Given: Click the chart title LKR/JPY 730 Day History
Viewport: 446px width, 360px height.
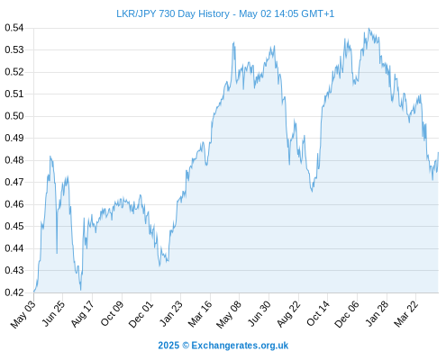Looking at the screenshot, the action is (173, 13).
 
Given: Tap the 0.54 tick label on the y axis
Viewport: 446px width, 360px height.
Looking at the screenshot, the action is (14, 28).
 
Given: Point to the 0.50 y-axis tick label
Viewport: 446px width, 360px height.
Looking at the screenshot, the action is (14, 116).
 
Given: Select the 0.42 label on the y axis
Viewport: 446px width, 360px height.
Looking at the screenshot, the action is (14, 292).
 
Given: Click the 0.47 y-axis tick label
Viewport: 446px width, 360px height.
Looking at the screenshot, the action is (14, 182).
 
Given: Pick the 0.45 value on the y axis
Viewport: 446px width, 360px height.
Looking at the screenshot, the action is (14, 226).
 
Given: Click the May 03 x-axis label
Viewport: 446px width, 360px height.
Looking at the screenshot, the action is (23, 314).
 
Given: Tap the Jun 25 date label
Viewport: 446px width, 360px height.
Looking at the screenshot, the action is (53, 313).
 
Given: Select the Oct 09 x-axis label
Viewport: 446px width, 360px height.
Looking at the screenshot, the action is (112, 313).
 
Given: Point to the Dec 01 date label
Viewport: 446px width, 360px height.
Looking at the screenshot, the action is (141, 314).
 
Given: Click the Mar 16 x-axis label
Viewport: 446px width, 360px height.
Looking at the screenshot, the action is (200, 314).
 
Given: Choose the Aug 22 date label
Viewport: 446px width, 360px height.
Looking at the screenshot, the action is (288, 314).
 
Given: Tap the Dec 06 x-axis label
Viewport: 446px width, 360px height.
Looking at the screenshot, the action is (347, 314).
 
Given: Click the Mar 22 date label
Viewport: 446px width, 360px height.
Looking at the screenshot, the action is (405, 314).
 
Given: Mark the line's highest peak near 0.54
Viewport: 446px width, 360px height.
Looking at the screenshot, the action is (369, 29).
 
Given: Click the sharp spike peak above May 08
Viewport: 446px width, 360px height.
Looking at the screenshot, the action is (233, 42).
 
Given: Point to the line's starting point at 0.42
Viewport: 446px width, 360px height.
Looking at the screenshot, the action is (34, 292).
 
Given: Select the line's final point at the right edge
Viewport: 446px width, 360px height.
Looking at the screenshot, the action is (438, 152).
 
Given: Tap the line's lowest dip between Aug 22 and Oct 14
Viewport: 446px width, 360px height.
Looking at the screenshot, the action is (312, 192).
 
